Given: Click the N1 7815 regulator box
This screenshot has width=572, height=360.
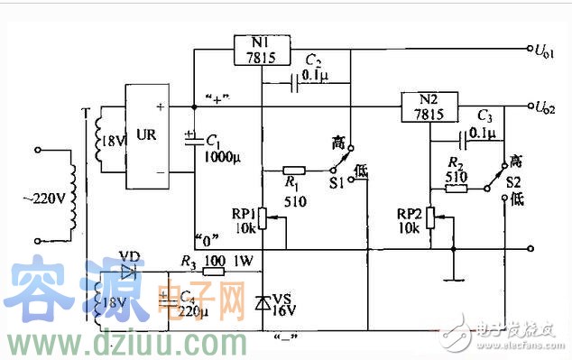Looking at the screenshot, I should coord(262,51).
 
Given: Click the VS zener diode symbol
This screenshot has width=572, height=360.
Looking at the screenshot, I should coord(263,301).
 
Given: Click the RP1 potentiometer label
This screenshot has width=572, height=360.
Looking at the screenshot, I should coord(241,215).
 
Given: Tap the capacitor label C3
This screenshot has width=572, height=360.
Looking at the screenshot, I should coord(485,116).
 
